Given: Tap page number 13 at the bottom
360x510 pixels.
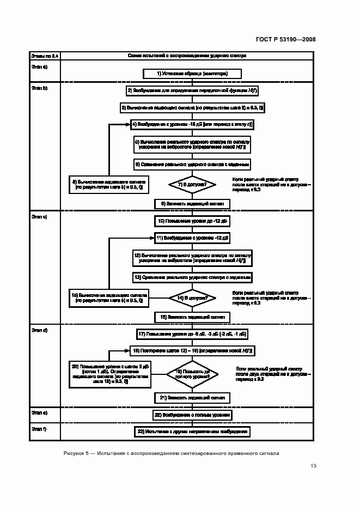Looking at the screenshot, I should click(x=313, y=465).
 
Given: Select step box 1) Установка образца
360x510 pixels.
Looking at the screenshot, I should click(x=192, y=73).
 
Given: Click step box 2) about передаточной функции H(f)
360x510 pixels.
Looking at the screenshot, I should click(x=192, y=90).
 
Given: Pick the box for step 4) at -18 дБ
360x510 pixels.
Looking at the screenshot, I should click(x=192, y=124).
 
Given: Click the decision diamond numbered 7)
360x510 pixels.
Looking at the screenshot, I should click(x=192, y=185).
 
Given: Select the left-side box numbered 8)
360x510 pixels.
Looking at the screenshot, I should click(x=108, y=184).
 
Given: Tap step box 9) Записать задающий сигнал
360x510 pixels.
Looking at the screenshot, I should click(x=192, y=203).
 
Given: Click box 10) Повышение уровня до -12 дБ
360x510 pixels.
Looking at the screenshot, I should click(x=192, y=221).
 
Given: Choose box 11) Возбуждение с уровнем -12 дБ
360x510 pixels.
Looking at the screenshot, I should click(x=192, y=238).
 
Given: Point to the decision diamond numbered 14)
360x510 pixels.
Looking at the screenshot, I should click(x=192, y=298).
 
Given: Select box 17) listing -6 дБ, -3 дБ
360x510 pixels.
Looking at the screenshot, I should click(x=192, y=333).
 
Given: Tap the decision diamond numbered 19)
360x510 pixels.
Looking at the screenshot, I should click(x=192, y=374).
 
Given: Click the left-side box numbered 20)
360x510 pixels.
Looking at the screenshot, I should click(x=109, y=374).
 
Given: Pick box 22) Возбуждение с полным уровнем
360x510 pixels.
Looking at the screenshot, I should click(x=192, y=415).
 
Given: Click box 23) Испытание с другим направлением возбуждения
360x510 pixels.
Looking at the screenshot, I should click(x=192, y=432).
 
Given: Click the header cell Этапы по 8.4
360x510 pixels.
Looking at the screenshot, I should click(x=44, y=56).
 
